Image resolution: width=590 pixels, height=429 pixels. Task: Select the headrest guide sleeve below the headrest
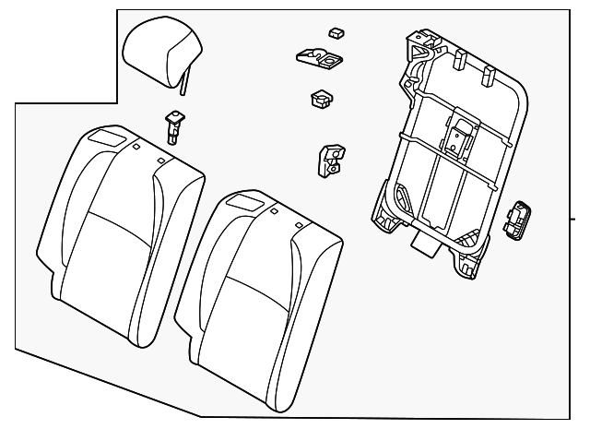[x=172, y=124]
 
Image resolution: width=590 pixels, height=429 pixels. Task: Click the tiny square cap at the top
[x=336, y=33]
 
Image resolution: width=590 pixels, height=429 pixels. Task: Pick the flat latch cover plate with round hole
[x=319, y=59]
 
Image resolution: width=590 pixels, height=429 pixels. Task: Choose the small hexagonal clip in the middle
[x=322, y=98]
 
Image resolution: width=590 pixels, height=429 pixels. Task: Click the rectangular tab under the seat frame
[x=427, y=245]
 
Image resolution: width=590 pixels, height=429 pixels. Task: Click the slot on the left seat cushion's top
[x=108, y=136]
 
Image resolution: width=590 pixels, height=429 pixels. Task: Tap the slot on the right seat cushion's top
[x=247, y=200]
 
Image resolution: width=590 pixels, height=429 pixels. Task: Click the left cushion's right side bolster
[x=175, y=231]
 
